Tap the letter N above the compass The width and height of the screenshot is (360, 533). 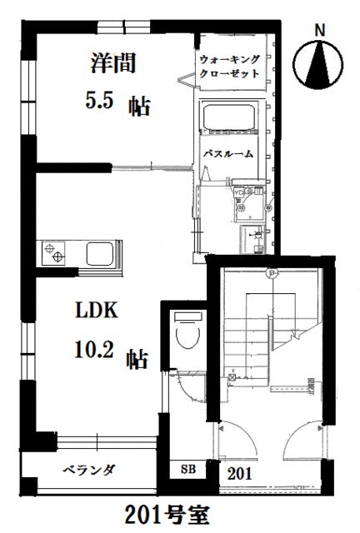[320, 30]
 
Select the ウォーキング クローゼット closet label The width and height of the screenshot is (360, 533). [229, 65]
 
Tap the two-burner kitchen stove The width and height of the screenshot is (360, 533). [57, 251]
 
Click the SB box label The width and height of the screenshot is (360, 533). [188, 469]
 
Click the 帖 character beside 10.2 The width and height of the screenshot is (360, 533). [137, 360]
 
